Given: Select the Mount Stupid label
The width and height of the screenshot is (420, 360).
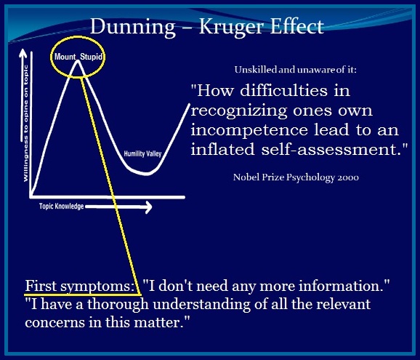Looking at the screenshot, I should (76, 57).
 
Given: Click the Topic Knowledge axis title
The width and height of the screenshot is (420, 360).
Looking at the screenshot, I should (61, 207).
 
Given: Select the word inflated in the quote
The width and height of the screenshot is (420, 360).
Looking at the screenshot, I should (224, 151).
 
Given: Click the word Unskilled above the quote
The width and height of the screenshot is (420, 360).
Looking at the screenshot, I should (255, 70).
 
